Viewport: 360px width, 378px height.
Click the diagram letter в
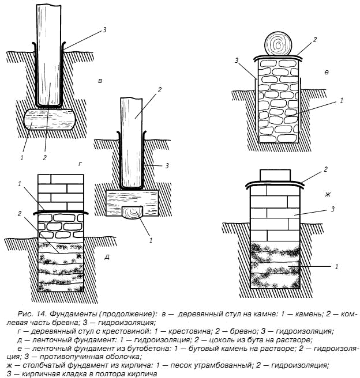click(100, 81)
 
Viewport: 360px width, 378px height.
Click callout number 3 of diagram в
click(104, 30)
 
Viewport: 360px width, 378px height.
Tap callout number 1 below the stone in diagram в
click(21, 157)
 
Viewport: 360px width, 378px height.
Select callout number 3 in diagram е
click(238, 61)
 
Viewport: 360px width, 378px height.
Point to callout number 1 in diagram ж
click(336, 267)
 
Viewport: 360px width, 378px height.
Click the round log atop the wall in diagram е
click(279, 43)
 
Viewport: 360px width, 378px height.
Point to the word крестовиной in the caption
click(134, 331)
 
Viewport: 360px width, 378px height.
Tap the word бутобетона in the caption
click(139, 349)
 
